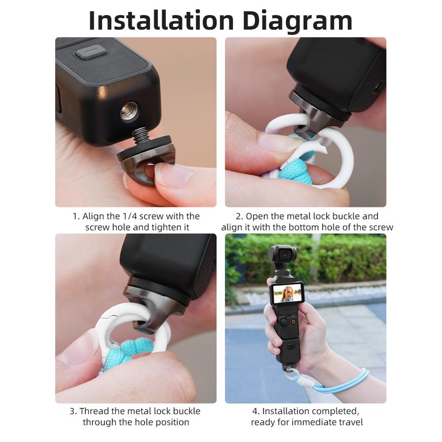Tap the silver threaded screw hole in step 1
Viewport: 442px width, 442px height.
(x=129, y=111)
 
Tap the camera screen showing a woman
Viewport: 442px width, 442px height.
(x=287, y=294)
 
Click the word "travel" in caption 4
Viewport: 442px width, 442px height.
(x=349, y=422)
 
